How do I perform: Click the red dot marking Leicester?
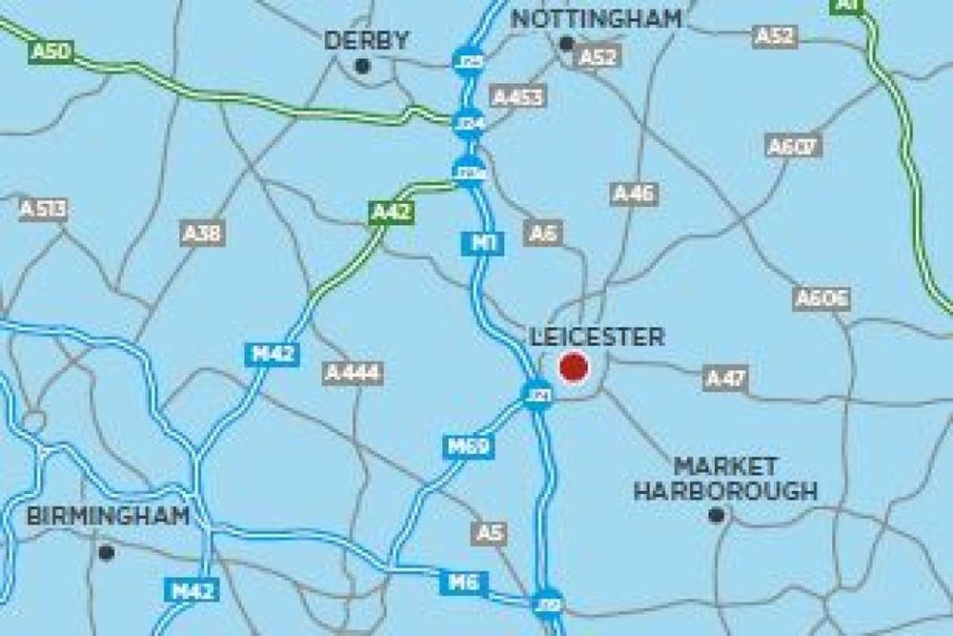pos(574,366)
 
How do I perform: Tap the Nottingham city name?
pos(598,18)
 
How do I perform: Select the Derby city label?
pos(367,40)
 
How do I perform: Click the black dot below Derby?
pos(361,65)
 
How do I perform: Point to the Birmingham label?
pos(108,516)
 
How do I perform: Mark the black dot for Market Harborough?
pos(717,515)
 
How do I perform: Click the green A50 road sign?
pos(51,51)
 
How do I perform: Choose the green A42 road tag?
pos(391,212)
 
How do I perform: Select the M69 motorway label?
pos(469,445)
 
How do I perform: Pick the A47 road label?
pos(726,378)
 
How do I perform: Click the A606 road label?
pos(821,297)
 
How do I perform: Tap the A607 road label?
pos(794,146)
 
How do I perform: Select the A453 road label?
pos(518,96)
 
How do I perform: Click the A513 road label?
pos(44,209)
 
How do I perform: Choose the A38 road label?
pos(202,233)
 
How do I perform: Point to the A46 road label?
pos(634,194)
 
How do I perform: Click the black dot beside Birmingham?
pos(106,551)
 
